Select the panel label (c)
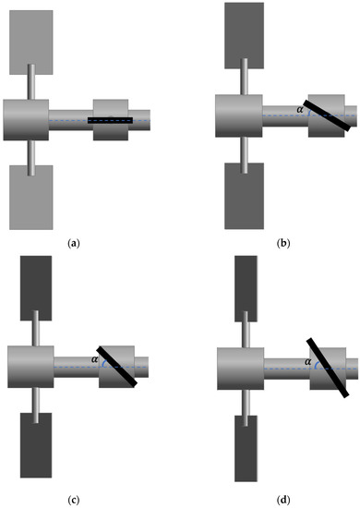pos(73,501)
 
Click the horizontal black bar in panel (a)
pos(110,120)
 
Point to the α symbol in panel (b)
pos(299,109)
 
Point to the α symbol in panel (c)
pos(95,360)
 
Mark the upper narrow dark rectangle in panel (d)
pos(246,285)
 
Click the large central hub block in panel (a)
pos(26,118)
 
